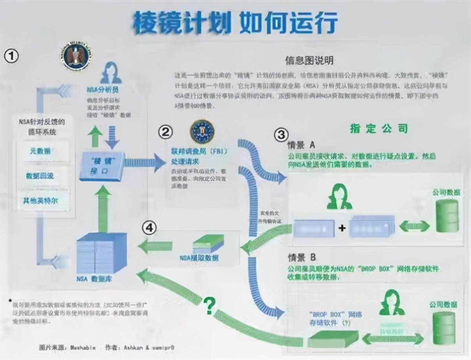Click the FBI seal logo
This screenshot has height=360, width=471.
pos(202,132)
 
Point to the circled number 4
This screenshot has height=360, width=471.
pos(149,228)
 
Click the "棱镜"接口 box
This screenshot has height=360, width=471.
pos(102,166)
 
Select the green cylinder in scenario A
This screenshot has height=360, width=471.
pos(447,216)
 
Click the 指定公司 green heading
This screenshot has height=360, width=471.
pos(379,128)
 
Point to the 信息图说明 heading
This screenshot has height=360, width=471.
pos(309,60)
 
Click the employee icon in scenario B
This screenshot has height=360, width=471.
pos(392,303)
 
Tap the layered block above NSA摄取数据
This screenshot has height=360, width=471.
pos(208,244)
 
